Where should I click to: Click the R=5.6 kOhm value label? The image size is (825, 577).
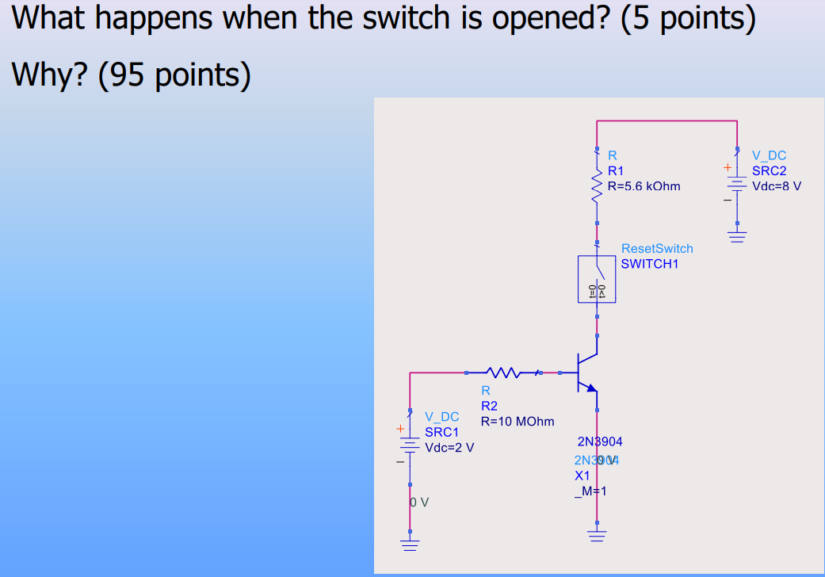644,186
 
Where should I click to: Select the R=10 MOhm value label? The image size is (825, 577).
518,421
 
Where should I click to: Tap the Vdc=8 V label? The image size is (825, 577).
777,186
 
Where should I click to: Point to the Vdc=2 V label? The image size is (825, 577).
449,447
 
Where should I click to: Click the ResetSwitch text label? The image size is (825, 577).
657,249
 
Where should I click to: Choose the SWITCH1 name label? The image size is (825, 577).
650,264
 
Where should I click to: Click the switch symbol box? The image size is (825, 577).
597,279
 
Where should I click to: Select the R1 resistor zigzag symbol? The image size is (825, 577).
597,187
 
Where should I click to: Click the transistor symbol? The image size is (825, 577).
587,372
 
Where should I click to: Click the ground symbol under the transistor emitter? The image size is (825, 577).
597,536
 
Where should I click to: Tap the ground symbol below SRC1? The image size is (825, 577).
409,545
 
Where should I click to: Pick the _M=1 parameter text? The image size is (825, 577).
590,491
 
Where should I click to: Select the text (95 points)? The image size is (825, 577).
174,75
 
